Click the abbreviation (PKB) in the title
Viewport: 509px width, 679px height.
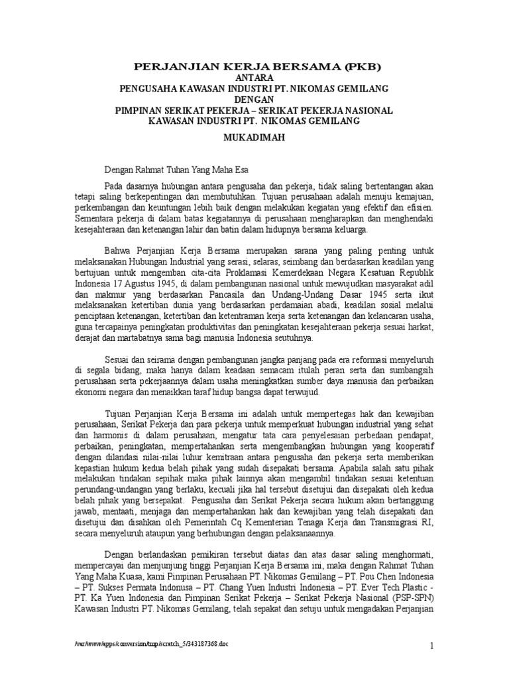361,67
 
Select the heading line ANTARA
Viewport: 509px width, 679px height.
254,78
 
